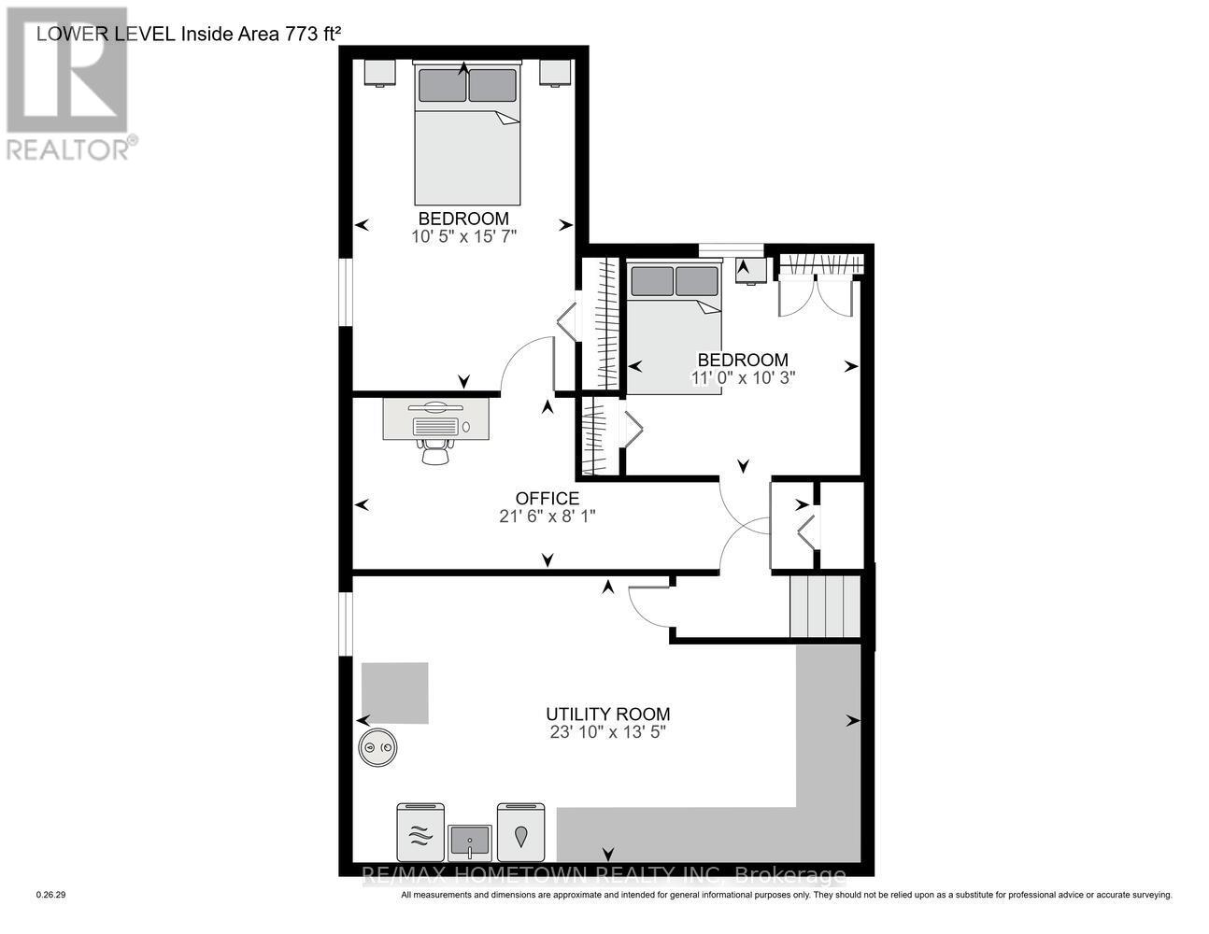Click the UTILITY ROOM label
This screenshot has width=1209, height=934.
[x=607, y=714]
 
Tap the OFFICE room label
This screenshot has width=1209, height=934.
[x=548, y=499]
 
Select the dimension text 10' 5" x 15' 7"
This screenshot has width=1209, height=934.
[x=463, y=237]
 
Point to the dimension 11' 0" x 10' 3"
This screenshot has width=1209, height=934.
[x=743, y=378]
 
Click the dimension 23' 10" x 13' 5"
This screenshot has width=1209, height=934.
[x=607, y=732]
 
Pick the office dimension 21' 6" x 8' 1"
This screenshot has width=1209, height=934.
[x=548, y=516]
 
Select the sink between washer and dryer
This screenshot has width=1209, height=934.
[x=468, y=842]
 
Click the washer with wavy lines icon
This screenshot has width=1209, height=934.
[x=419, y=832]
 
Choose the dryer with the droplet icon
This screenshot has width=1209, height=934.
[x=519, y=832]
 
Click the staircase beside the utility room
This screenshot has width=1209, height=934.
[x=824, y=606]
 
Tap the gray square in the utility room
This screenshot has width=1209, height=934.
[x=395, y=693]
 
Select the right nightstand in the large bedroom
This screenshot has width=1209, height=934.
[x=554, y=73]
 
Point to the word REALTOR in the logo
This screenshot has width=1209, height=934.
[x=67, y=149]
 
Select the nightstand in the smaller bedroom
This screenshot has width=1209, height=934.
[x=751, y=270]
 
